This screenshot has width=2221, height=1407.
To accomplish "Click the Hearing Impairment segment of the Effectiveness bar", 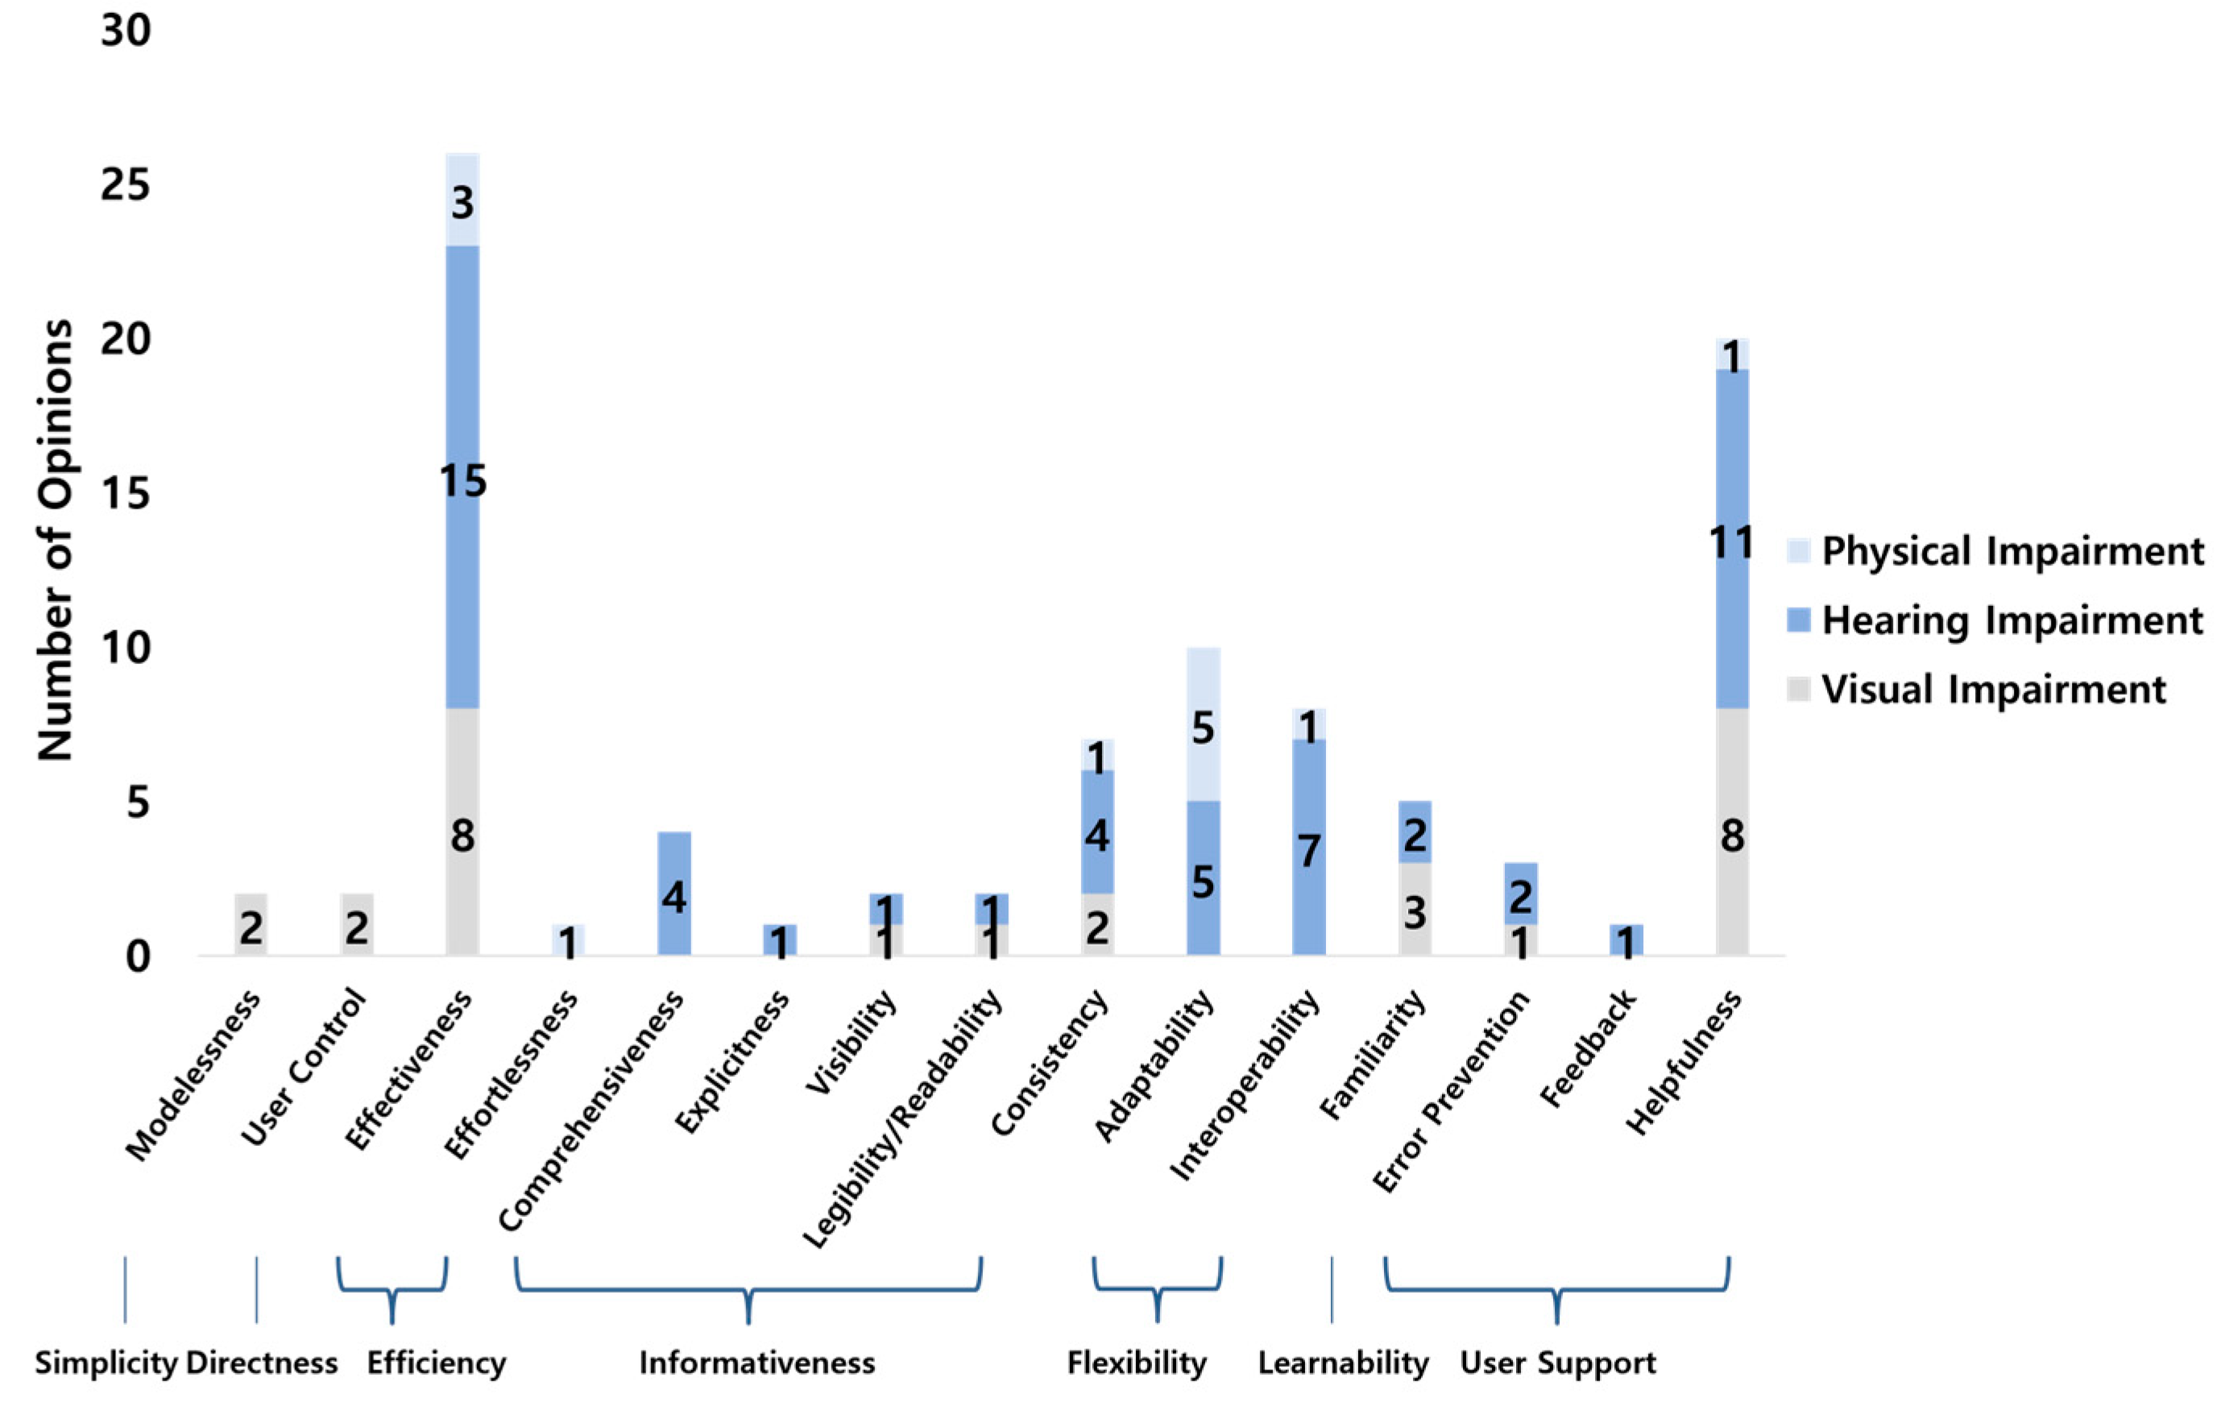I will pyautogui.click(x=462, y=554).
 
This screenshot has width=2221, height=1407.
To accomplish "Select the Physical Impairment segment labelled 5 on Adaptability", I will pyautogui.click(x=1203, y=724).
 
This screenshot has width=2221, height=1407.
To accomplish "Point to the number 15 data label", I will pyautogui.click(x=462, y=481).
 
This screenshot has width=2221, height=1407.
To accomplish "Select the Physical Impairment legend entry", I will pyautogui.click(x=2011, y=551).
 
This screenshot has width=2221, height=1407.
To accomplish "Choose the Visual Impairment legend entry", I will pyautogui.click(x=1992, y=689).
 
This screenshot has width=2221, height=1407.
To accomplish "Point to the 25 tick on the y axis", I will pyautogui.click(x=126, y=185).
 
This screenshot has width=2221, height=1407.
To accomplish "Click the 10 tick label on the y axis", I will pyautogui.click(x=126, y=648).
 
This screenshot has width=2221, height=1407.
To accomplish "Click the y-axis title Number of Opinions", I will pyautogui.click(x=56, y=540).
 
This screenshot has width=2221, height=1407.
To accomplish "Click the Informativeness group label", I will pyautogui.click(x=756, y=1363).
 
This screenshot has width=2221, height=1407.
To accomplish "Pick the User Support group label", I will pyautogui.click(x=1557, y=1363).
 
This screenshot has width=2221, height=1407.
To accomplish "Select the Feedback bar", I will pyautogui.click(x=1626, y=940).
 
